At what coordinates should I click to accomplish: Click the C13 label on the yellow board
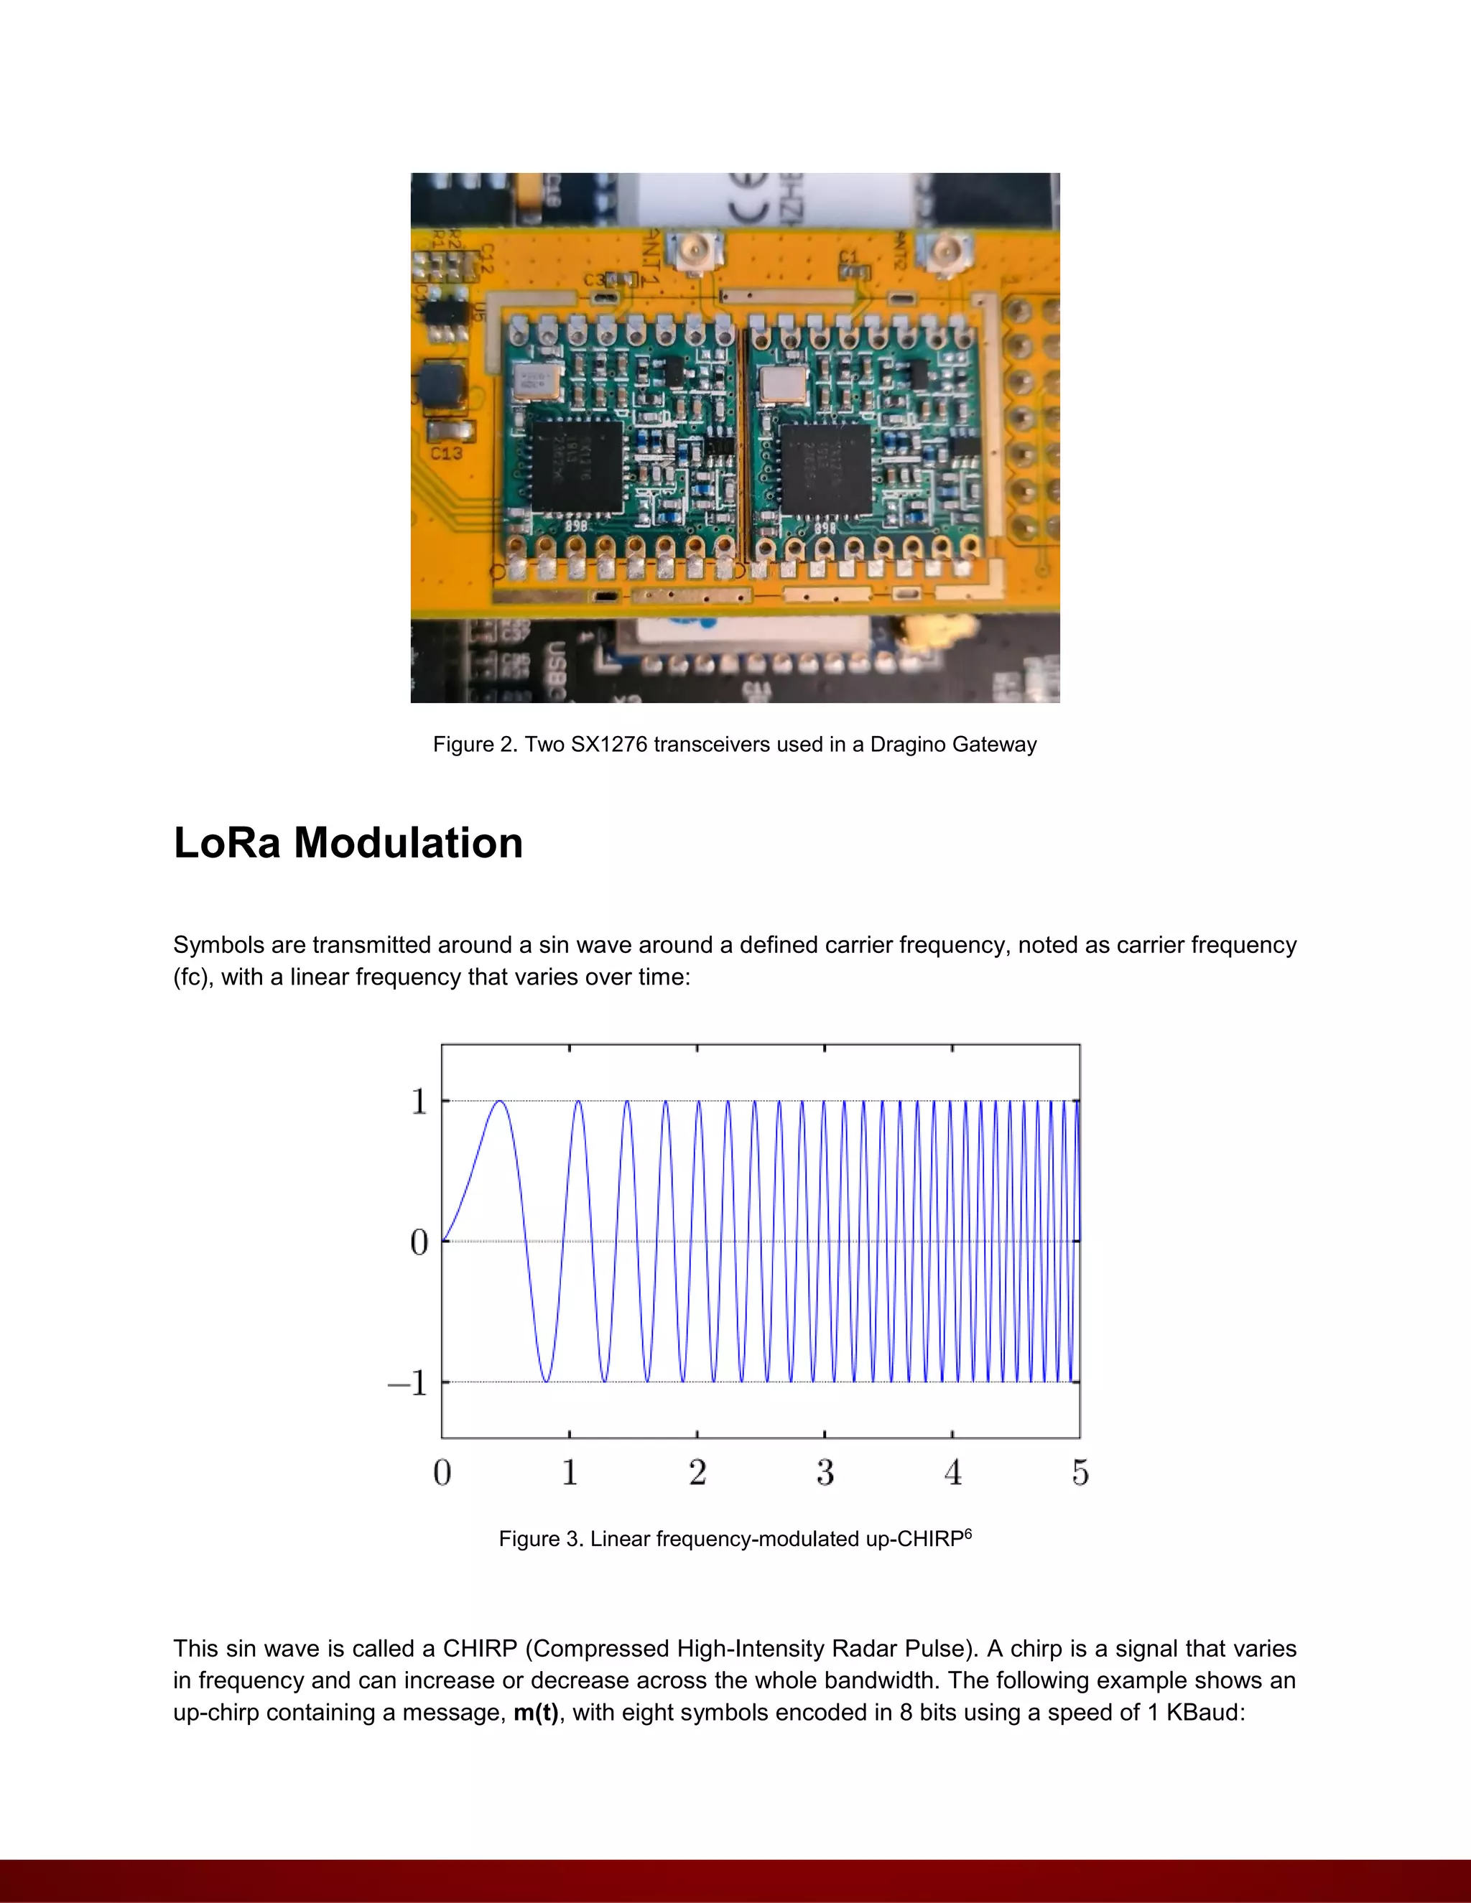[x=446, y=453]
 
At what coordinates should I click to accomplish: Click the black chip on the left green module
[x=576, y=465]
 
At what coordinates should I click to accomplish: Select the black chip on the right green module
[x=825, y=468]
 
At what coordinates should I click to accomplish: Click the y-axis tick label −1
[x=408, y=1383]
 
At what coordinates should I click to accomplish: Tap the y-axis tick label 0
[x=419, y=1242]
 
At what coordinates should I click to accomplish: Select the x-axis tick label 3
[x=825, y=1474]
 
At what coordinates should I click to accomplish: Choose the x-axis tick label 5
[x=1080, y=1474]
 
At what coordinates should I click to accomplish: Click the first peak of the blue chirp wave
[x=500, y=1102]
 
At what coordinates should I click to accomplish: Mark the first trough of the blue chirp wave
[x=547, y=1381]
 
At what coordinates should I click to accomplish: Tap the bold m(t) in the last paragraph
[x=536, y=1713]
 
